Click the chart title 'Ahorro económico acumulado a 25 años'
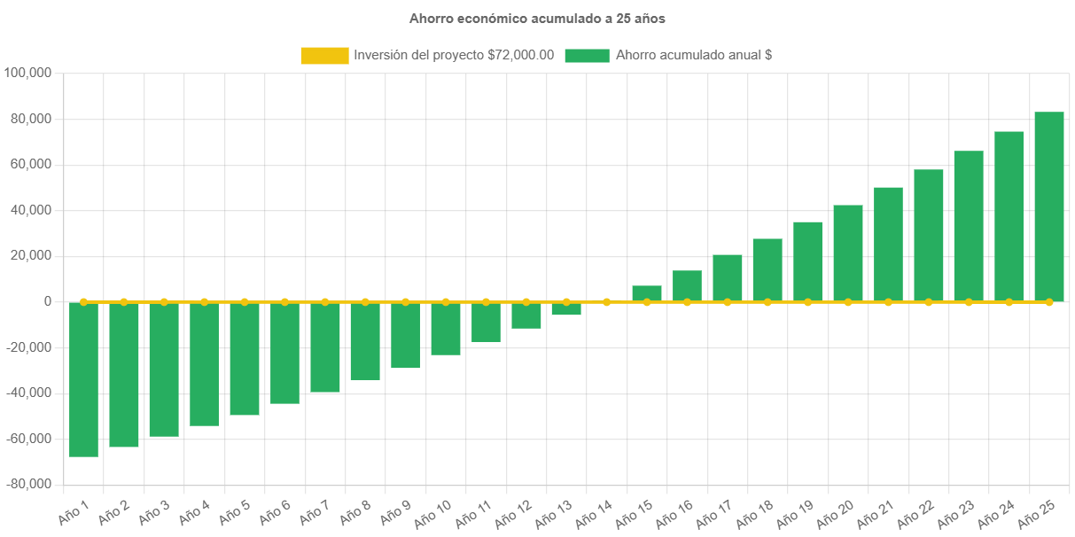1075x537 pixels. click(537, 18)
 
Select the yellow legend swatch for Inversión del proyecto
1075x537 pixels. click(324, 56)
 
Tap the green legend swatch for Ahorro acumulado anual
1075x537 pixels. click(587, 56)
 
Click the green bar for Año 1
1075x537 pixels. click(83, 379)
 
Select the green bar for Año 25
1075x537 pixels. click(1048, 206)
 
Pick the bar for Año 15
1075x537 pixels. click(647, 293)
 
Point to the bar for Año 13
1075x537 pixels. click(566, 308)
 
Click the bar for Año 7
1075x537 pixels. click(325, 346)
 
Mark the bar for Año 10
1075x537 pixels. click(446, 328)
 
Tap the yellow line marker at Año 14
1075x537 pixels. click(606, 302)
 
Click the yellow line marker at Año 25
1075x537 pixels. click(1048, 302)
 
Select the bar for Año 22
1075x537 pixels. click(929, 235)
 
